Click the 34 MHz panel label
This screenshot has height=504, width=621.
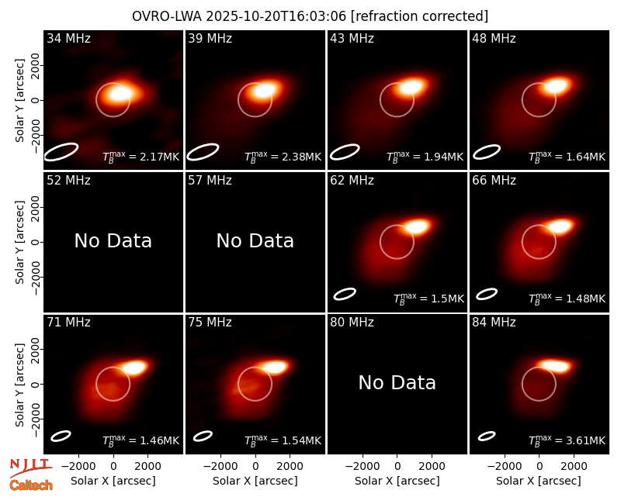pos(68,38)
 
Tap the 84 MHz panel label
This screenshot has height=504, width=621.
pos(494,323)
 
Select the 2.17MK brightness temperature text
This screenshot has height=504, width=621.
pos(154,157)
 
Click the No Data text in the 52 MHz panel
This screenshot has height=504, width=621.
pos(113,240)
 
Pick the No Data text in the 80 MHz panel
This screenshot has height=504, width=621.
pos(397,382)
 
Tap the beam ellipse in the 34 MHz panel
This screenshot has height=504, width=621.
pos(61,152)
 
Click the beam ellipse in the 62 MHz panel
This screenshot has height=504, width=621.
pos(345,294)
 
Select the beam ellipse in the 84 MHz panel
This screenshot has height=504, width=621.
pos(487,436)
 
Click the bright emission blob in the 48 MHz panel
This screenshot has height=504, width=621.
pos(556,86)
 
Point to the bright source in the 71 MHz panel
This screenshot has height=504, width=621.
pos(134,368)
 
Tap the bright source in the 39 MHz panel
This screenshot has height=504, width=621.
pos(264,91)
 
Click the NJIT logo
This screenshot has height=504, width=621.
pos(31,467)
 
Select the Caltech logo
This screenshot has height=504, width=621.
pos(31,485)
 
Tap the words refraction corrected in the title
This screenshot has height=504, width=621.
pos(420,16)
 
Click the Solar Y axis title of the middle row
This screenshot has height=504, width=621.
pos(19,242)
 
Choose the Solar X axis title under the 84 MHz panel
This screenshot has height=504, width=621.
pos(539,481)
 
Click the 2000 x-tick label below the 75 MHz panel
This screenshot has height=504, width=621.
pos(290,467)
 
